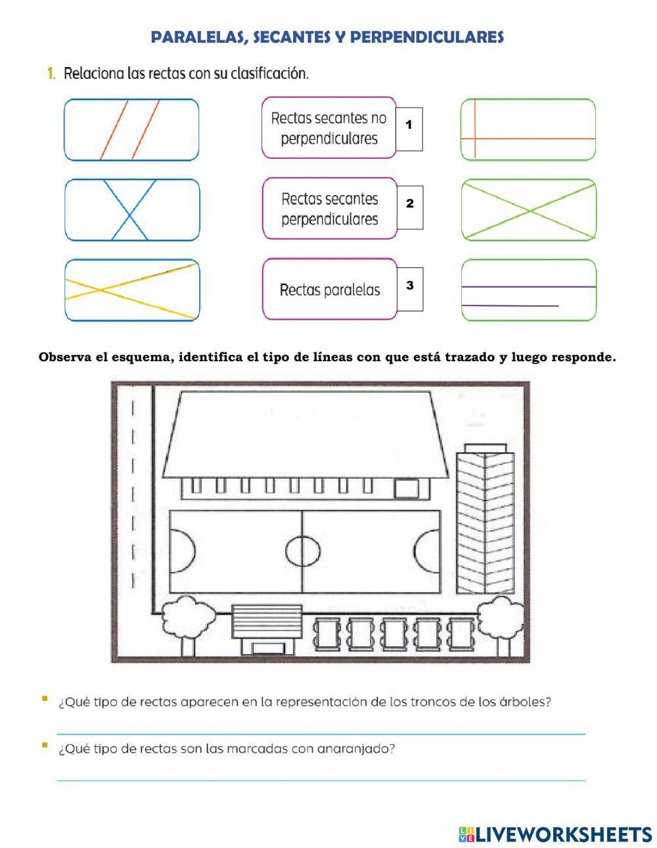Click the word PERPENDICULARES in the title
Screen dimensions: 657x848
click(426, 37)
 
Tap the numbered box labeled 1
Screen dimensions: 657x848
click(409, 129)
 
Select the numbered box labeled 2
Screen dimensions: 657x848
click(410, 207)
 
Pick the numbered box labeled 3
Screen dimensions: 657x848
click(410, 289)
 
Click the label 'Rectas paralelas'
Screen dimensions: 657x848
click(330, 290)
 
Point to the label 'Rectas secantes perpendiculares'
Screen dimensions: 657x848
click(330, 209)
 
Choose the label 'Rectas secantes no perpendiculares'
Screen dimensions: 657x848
click(329, 128)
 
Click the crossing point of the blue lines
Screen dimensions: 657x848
click(129, 214)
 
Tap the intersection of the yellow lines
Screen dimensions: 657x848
click(101, 290)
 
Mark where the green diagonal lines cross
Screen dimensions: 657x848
click(530, 211)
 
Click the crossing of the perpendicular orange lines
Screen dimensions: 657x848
click(475, 139)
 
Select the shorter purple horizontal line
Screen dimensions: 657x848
click(510, 305)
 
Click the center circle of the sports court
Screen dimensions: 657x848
click(303, 551)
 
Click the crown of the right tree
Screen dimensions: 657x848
click(501, 617)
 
